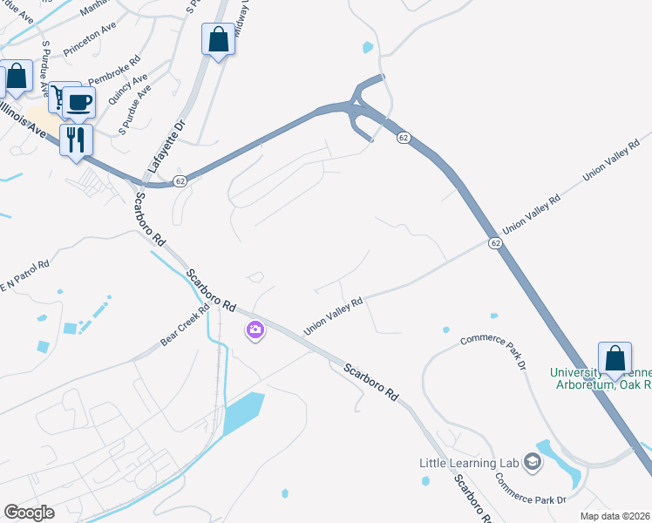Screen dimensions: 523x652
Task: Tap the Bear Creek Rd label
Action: pos(183,324)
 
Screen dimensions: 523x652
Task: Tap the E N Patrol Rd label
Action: pos(24,275)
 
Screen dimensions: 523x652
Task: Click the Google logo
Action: pos(29,513)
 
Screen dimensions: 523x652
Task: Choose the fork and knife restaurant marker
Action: pos(75,138)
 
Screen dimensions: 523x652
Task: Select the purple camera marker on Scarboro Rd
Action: pos(255,329)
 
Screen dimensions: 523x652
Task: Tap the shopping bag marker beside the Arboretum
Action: pos(615,357)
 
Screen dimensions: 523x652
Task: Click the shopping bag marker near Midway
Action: pos(218,39)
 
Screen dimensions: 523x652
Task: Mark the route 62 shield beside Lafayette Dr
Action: pos(179,180)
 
